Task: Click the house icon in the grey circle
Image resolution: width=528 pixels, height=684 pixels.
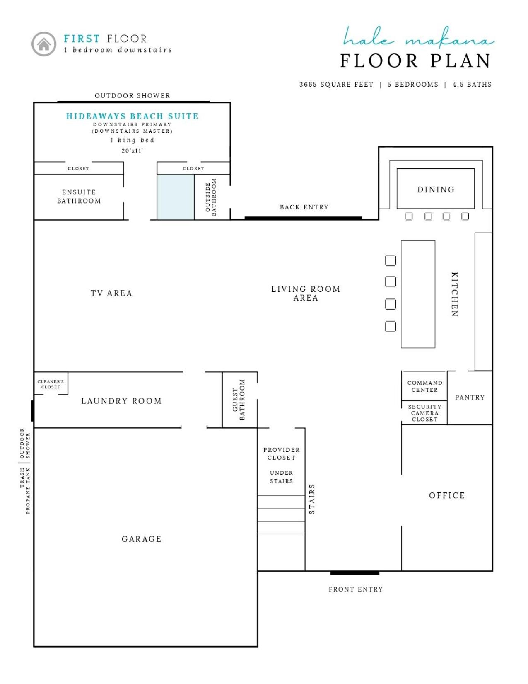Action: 44,44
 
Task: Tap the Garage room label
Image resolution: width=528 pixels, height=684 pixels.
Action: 142,539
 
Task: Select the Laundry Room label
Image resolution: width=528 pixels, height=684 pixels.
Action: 121,401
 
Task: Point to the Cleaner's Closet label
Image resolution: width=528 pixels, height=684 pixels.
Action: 51,384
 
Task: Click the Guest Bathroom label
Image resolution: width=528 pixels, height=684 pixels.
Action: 239,400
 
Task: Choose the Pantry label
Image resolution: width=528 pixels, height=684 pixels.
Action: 470,398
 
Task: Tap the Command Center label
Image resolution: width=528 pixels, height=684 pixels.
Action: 425,386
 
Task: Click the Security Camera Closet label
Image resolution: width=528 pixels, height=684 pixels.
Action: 425,413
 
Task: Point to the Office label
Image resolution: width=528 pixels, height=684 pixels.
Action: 447,495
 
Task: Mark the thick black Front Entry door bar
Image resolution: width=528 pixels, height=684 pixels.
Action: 355,573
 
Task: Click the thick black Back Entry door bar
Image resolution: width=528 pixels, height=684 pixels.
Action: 303,218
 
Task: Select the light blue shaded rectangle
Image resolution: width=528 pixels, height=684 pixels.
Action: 176,197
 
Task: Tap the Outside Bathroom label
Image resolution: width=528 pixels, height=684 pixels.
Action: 211,197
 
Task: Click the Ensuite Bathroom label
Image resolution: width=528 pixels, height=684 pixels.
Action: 79,196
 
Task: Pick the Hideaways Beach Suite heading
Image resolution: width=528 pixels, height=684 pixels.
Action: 133,116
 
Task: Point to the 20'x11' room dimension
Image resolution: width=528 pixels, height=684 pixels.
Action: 132,151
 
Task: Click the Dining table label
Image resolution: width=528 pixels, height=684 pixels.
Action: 436,189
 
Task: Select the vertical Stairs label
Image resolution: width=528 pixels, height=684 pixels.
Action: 312,499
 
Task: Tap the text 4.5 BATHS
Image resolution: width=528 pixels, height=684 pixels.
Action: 472,84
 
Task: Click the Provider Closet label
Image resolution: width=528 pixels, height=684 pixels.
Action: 282,454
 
